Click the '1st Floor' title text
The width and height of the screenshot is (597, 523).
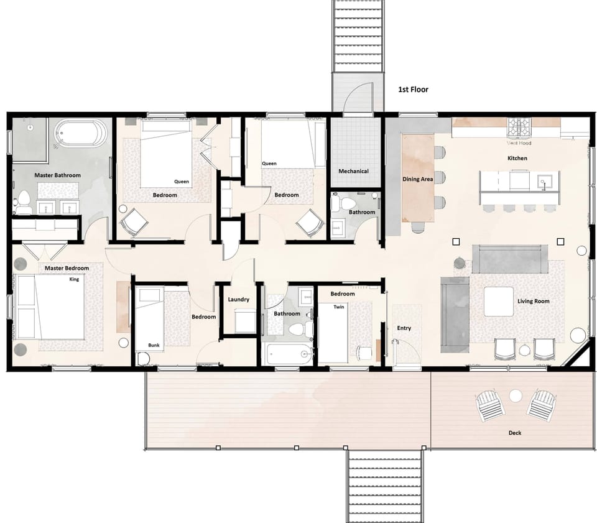[413, 90]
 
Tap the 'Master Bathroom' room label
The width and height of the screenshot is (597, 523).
[57, 175]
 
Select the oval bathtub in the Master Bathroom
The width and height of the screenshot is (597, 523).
[81, 134]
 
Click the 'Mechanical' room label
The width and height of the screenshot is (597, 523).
[353, 171]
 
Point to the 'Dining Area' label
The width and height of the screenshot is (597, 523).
[418, 180]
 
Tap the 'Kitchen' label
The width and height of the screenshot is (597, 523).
[517, 159]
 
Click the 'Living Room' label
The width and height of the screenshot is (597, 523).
[533, 302]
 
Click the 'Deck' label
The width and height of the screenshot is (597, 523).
[514, 433]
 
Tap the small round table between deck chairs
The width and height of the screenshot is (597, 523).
[515, 395]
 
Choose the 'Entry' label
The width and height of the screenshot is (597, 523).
[404, 328]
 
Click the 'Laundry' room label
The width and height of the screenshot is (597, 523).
[238, 300]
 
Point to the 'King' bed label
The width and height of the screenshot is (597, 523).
[74, 280]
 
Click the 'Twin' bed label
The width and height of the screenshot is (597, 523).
[338, 307]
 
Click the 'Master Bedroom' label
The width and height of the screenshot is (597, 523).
[67, 269]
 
